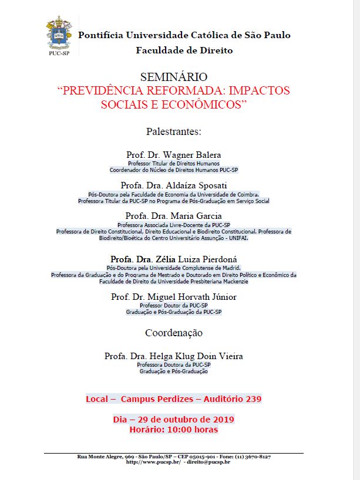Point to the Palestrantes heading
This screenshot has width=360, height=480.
(x=174, y=131)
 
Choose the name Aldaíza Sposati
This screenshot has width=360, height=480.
(x=194, y=185)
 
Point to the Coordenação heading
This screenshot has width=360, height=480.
(x=174, y=333)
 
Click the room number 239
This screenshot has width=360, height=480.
(x=250, y=399)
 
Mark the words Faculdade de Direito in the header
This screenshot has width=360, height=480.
(x=184, y=50)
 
